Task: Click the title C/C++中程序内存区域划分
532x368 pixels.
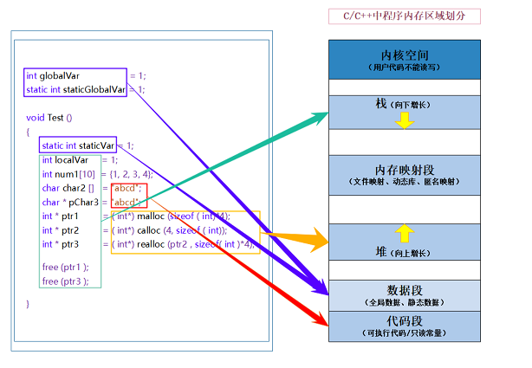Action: pos(404,16)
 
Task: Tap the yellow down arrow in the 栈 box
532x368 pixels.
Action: pos(404,120)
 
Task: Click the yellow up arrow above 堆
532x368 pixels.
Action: pos(404,231)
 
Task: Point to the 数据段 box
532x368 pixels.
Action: pos(404,294)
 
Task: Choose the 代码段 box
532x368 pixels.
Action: pos(404,326)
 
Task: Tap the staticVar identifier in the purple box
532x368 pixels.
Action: pos(97,145)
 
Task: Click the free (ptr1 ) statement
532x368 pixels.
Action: pos(65,267)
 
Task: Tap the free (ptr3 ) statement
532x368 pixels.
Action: pos(65,281)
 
